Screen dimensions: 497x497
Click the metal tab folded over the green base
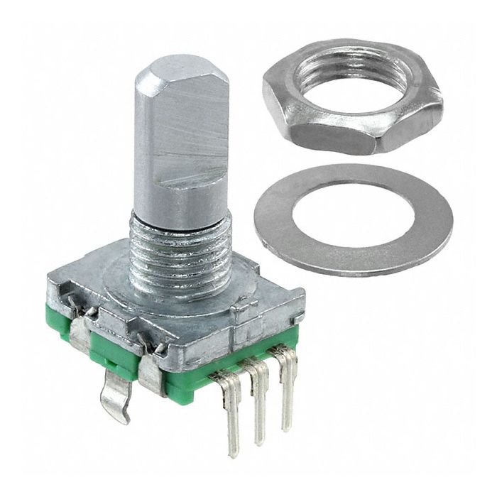pos(153,369)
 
